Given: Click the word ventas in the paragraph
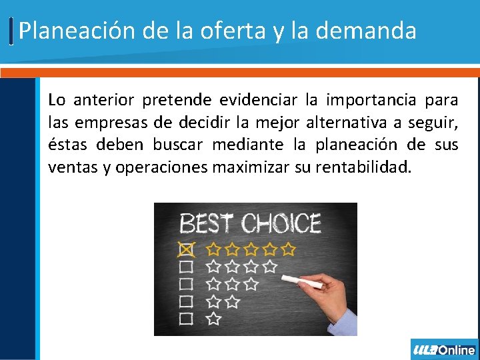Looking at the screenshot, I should pos(73,167).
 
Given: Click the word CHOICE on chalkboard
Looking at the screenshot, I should pos(281,223).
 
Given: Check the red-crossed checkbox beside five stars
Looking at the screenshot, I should pos(187,249).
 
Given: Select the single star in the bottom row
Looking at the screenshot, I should pos(213,319).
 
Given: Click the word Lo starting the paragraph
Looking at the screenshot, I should pos(57,101).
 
